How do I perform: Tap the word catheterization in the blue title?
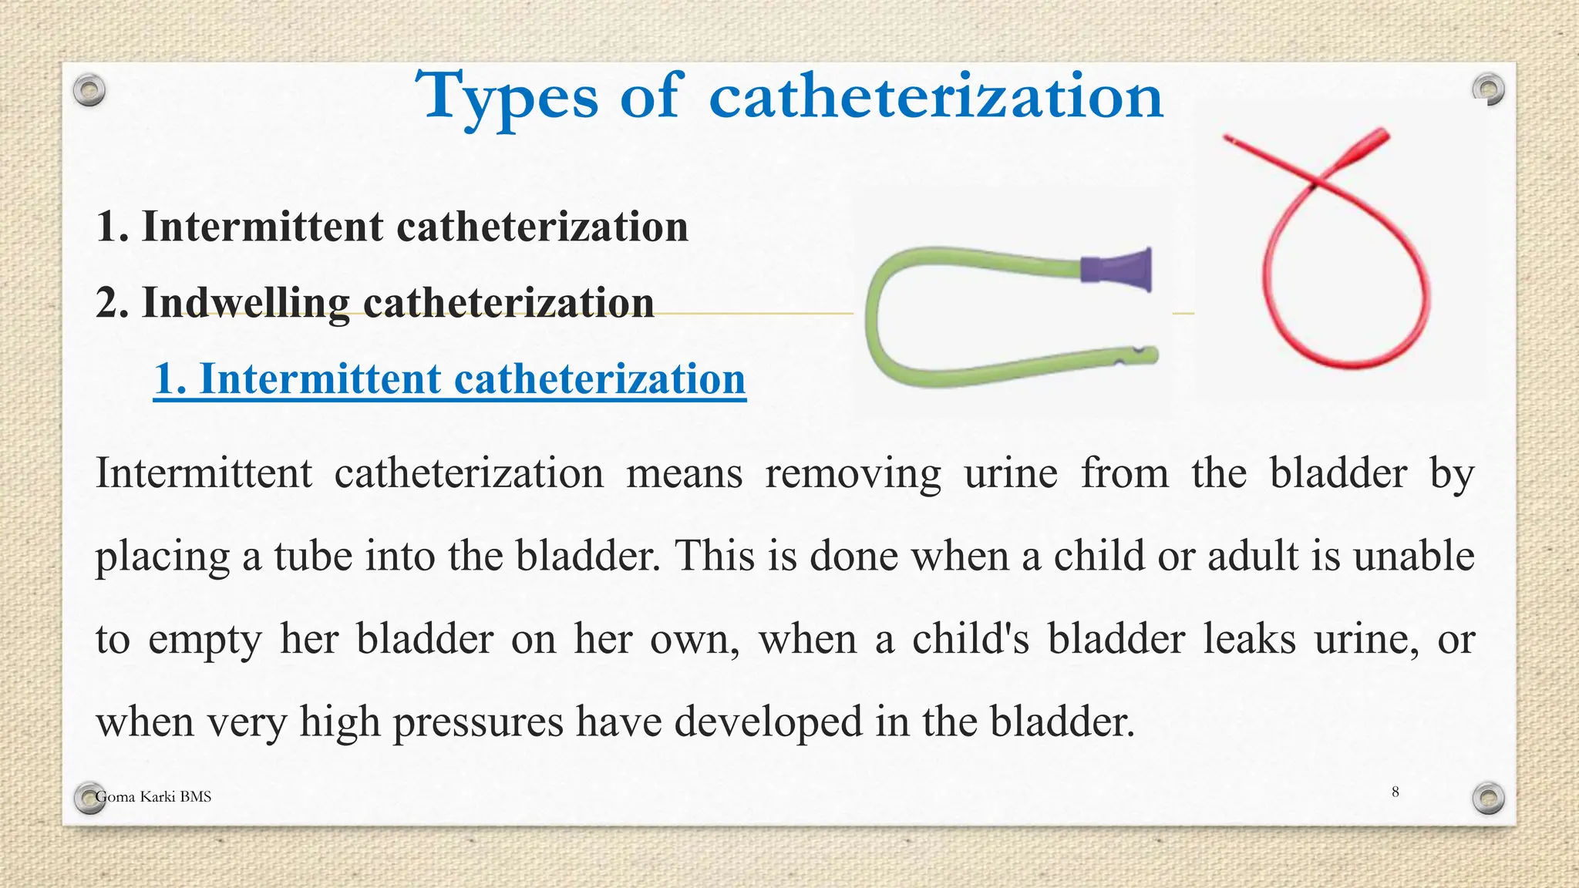click(x=935, y=97)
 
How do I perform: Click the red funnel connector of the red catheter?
click(x=1363, y=146)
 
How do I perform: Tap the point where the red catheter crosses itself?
click(x=1314, y=186)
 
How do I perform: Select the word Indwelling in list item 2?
click(x=244, y=302)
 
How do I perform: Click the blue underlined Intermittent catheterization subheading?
click(x=449, y=379)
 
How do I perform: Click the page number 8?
click(x=1395, y=792)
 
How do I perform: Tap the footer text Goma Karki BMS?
click(x=153, y=797)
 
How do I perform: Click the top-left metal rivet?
click(x=89, y=91)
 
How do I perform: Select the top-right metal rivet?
click(x=1488, y=89)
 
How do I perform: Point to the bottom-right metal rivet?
click(x=1488, y=798)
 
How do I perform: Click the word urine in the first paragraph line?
click(x=1011, y=473)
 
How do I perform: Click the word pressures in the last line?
click(x=478, y=722)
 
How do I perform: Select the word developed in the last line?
click(x=768, y=722)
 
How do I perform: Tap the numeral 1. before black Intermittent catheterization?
click(x=113, y=227)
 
